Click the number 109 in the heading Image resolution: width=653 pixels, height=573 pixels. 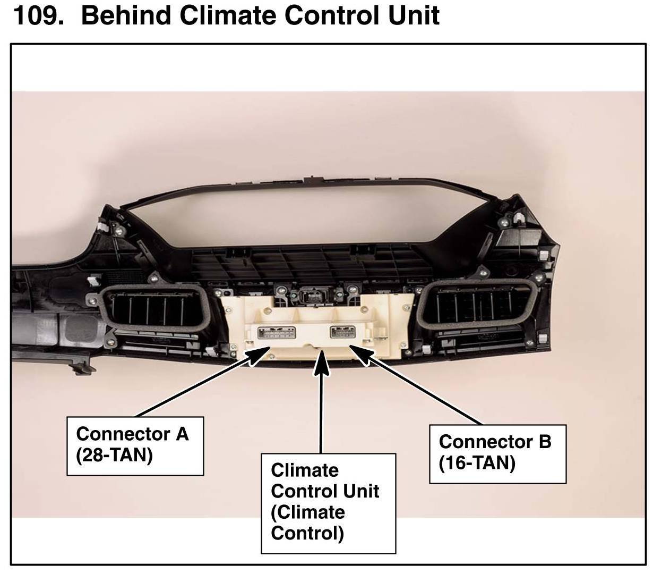pos(37,15)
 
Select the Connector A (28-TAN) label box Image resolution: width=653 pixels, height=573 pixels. pos(135,445)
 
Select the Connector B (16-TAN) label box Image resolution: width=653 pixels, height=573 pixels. pos(497,453)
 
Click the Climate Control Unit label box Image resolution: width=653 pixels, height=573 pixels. pos(328,502)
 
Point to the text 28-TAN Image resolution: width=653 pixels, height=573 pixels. pos(115,456)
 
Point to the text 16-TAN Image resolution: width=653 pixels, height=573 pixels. pos(477,464)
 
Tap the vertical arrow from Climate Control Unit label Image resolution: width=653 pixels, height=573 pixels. pos(321,404)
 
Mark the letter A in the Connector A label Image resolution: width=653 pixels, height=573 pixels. pos(182,434)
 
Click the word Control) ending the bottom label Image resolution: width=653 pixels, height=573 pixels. pos(307,533)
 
